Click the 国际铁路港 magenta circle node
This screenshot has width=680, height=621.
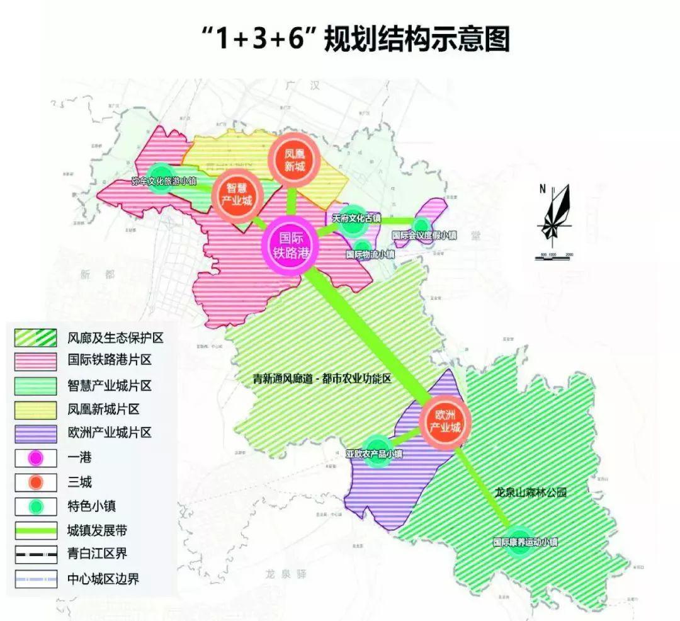(x=292, y=245)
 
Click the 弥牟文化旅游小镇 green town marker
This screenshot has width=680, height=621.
(x=161, y=178)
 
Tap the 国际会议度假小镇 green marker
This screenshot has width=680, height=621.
(x=423, y=226)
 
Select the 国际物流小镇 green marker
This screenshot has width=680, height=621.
(x=363, y=248)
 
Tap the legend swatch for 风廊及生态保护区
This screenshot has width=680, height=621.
(x=36, y=338)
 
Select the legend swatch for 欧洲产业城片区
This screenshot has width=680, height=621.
(x=36, y=433)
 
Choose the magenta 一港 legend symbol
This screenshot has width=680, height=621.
(x=36, y=457)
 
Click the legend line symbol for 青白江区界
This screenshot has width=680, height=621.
(x=36, y=554)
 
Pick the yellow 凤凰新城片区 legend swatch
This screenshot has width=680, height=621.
(x=36, y=409)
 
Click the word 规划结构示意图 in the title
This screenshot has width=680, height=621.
(x=416, y=40)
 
